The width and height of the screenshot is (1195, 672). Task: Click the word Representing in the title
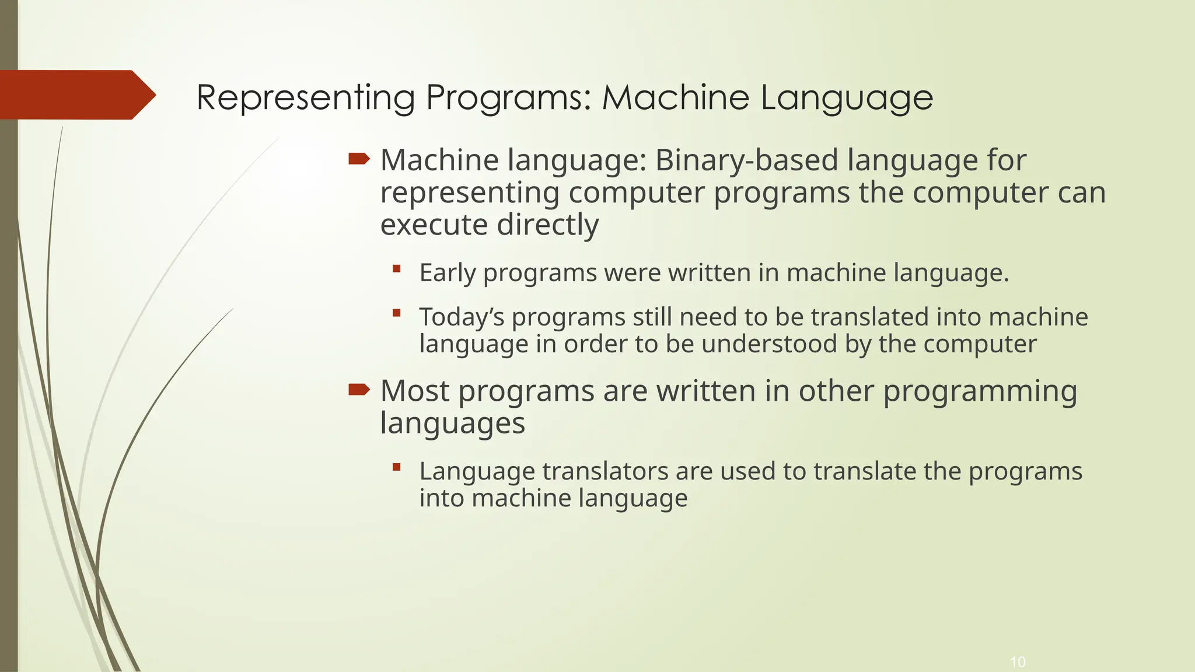click(305, 97)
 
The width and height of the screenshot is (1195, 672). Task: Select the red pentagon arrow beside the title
click(76, 94)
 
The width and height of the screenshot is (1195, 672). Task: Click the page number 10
click(1018, 662)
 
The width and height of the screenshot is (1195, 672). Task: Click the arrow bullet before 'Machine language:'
click(359, 159)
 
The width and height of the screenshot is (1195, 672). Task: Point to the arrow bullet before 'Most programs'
click(359, 389)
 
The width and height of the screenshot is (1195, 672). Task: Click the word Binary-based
click(746, 160)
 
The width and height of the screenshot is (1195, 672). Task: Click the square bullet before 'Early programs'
click(397, 269)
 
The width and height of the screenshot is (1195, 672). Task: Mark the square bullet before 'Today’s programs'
click(397, 313)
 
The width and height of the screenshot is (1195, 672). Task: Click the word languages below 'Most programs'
click(452, 423)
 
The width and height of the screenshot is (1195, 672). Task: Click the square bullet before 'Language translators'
click(397, 467)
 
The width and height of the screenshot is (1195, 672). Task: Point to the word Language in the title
click(846, 97)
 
